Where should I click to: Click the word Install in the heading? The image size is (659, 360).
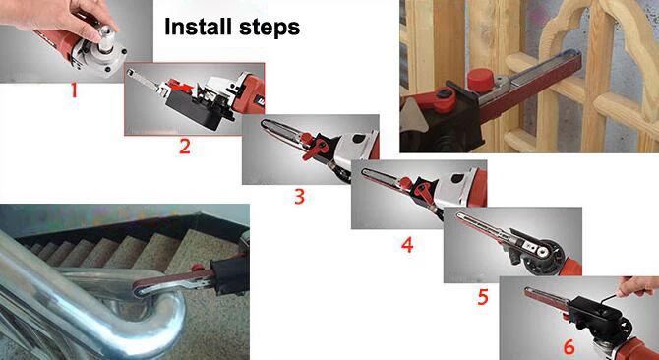point(199,27)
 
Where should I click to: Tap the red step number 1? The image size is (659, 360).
point(74,90)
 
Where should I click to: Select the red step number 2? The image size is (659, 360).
point(185,147)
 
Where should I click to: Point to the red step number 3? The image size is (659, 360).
point(299,196)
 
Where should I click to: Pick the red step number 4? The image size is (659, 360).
point(407,245)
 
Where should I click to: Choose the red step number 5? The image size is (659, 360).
point(483,297)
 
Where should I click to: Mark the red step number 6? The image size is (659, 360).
point(569,347)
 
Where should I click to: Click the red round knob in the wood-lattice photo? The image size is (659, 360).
point(480,79)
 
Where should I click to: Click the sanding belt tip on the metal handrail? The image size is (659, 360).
point(139,289)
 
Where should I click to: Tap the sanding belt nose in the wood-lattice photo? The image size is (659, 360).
point(574,58)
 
